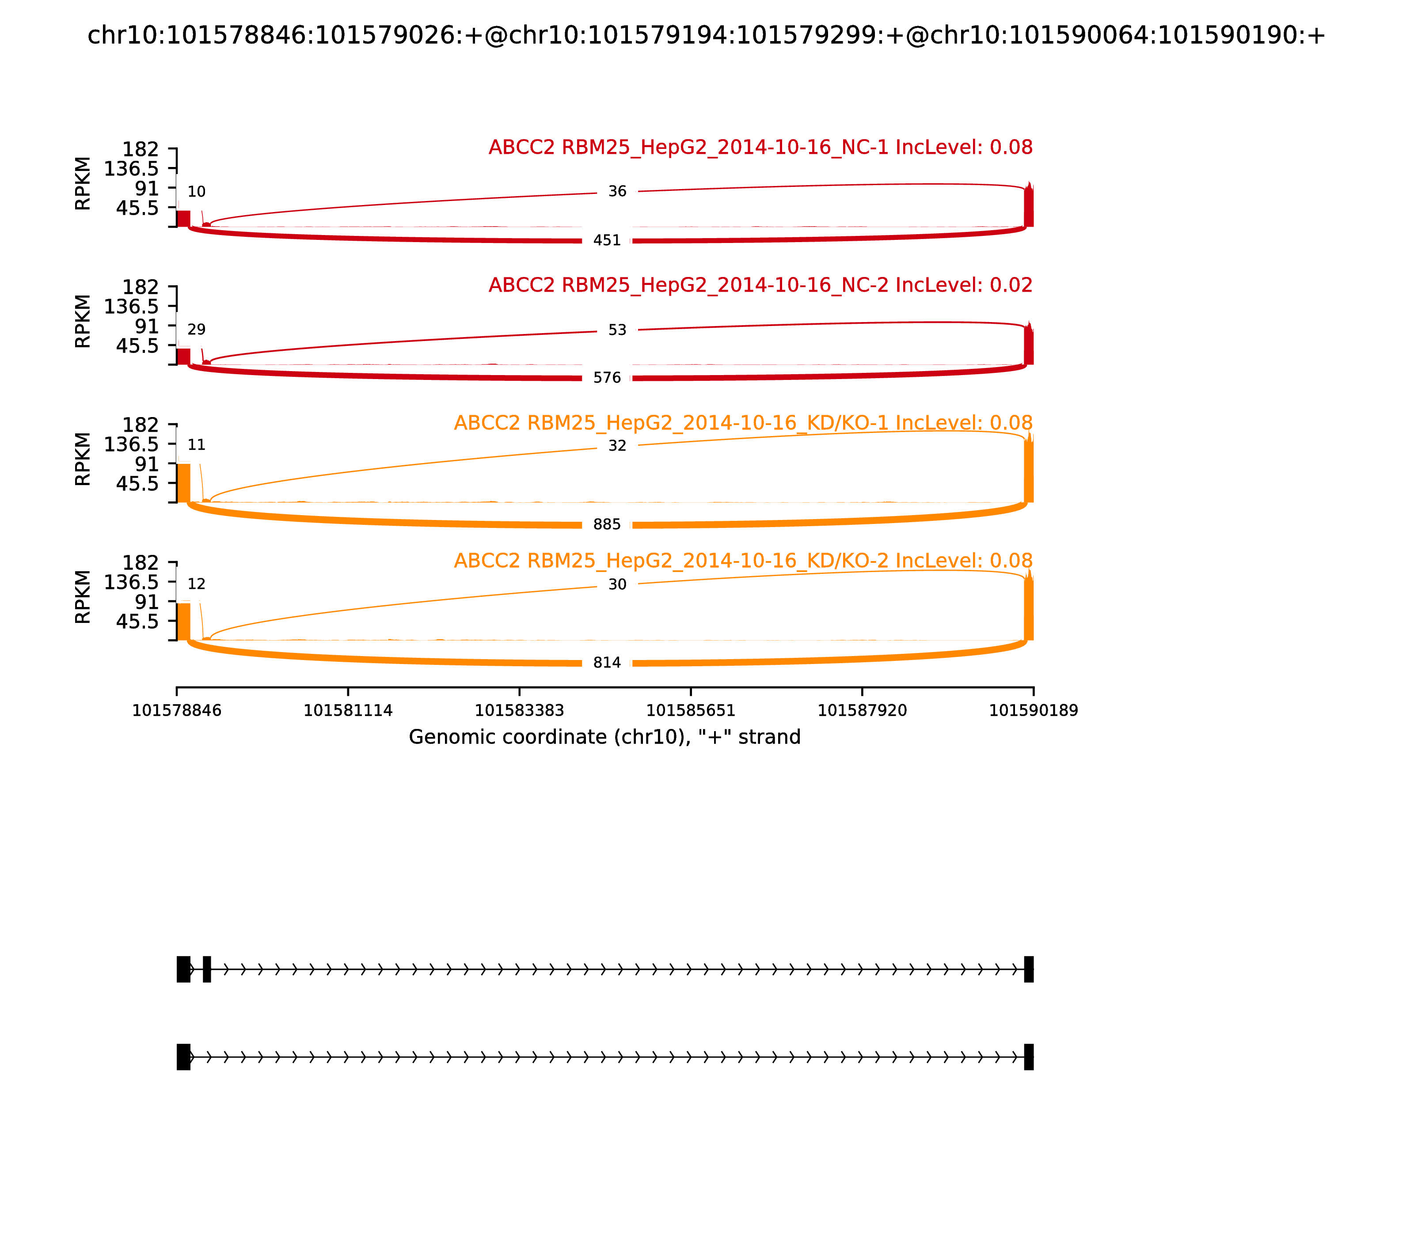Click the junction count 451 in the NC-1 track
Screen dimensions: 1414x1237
tap(607, 240)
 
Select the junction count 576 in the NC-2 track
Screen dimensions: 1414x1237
tap(607, 378)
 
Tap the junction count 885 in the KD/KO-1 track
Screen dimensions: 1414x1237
tap(607, 525)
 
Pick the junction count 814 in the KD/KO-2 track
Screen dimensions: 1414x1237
tap(607, 663)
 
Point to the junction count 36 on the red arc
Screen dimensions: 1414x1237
tap(617, 191)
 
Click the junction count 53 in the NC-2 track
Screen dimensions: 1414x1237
tap(617, 330)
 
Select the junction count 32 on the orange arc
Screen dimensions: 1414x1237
tap(617, 446)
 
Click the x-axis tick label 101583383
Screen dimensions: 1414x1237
tap(519, 711)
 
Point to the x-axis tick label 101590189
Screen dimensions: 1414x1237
tap(1033, 711)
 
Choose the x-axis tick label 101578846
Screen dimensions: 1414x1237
tap(177, 711)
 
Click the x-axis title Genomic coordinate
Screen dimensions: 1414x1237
tap(605, 737)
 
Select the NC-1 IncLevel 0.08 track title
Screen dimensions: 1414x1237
tap(760, 147)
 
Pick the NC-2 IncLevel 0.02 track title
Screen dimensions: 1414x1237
tap(760, 285)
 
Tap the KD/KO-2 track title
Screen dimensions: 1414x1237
tap(743, 561)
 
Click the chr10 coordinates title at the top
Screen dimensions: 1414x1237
tap(706, 35)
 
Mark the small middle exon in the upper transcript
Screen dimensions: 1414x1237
tap(206, 969)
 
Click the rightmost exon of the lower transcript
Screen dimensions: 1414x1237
tap(1029, 1057)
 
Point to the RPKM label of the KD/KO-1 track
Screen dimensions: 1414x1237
tap(82, 459)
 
